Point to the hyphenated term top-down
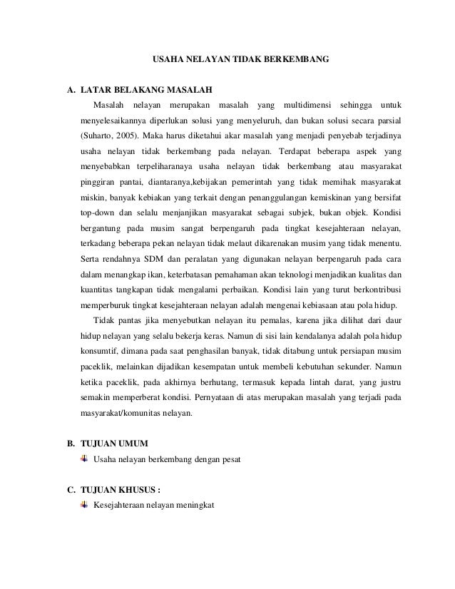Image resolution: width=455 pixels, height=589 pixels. pyautogui.click(x=98, y=212)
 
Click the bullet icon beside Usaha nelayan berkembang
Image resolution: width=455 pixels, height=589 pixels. pyautogui.click(x=85, y=460)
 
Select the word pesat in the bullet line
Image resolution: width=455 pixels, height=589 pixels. pyautogui.click(x=231, y=461)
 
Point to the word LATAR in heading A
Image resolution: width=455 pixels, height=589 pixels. pyautogui.click(x=95, y=91)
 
